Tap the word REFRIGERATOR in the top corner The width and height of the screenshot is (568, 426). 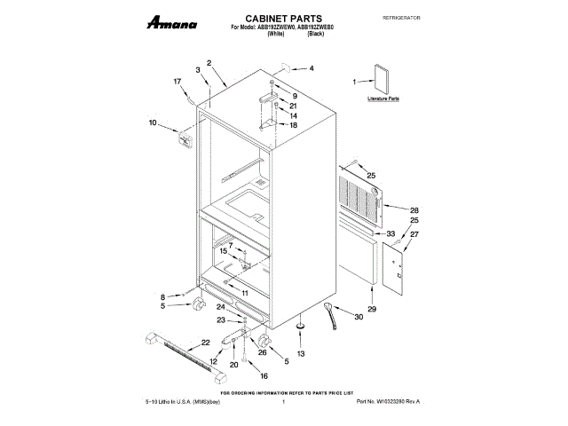pyautogui.click(x=399, y=18)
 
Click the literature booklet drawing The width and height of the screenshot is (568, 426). pyautogui.click(x=381, y=77)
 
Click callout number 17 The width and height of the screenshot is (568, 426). pyautogui.click(x=177, y=81)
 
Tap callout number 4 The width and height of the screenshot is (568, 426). pyautogui.click(x=311, y=68)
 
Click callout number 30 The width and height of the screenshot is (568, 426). pyautogui.click(x=359, y=317)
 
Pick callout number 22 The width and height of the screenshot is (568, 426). pyautogui.click(x=205, y=342)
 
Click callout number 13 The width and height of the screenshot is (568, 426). pyautogui.click(x=300, y=353)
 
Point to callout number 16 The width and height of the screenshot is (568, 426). pyautogui.click(x=264, y=375)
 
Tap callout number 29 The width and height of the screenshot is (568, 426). pyautogui.click(x=372, y=308)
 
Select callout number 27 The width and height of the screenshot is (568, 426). pyautogui.click(x=414, y=234)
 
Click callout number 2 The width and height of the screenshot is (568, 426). pyautogui.click(x=209, y=62)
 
